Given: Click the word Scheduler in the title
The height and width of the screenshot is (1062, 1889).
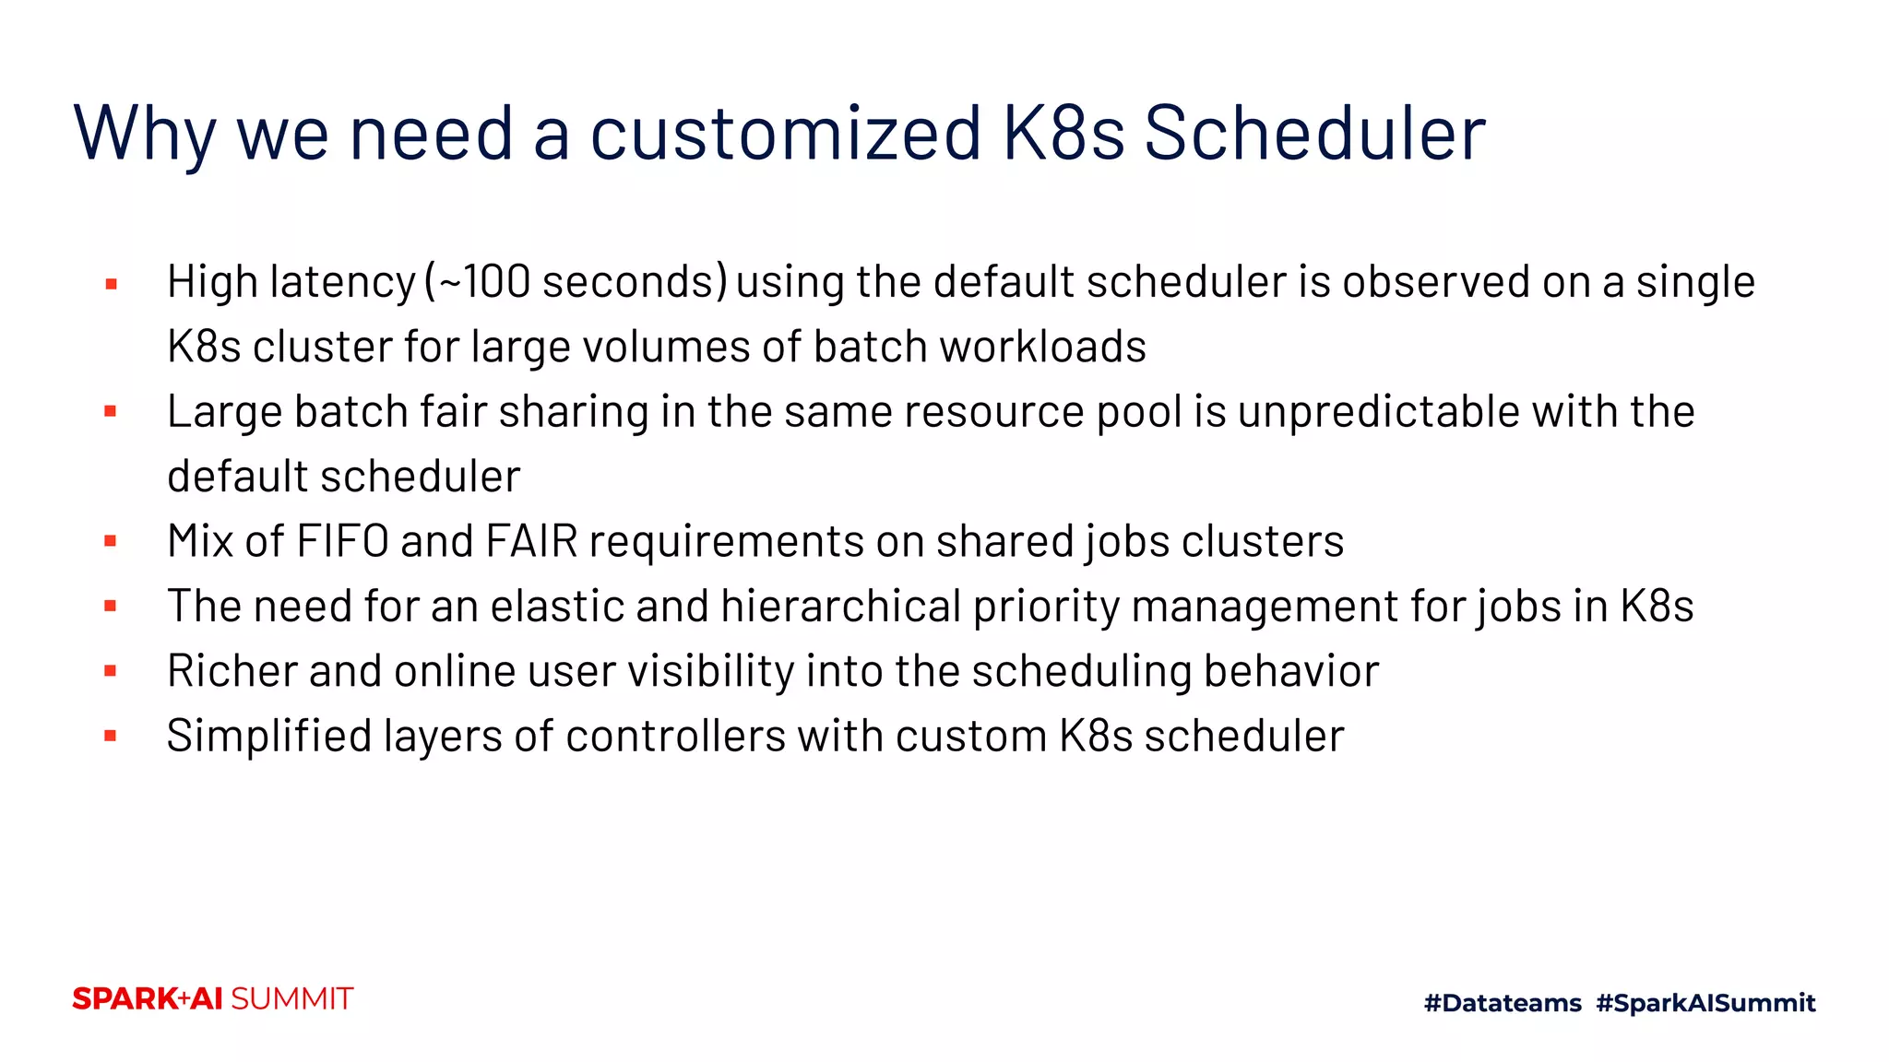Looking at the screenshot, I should [1314, 134].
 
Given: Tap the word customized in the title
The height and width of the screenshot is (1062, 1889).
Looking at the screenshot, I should [786, 134].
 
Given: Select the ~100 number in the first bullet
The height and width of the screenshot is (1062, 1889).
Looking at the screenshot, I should [484, 282].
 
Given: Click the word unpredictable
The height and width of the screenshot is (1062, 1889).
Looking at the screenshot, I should [1379, 412].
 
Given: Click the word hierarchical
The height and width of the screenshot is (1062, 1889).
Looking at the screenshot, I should [841, 607].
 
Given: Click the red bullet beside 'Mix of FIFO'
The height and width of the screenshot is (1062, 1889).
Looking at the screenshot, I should [111, 541].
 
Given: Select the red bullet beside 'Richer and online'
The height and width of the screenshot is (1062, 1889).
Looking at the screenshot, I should [111, 671].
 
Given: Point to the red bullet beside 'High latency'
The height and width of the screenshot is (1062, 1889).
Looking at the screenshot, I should [111, 284].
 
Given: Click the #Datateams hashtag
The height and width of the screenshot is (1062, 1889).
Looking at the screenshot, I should [1503, 1003].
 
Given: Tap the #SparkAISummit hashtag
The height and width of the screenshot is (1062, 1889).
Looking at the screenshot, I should [1705, 1003].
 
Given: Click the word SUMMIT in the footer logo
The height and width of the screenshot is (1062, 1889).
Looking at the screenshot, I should [291, 999].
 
